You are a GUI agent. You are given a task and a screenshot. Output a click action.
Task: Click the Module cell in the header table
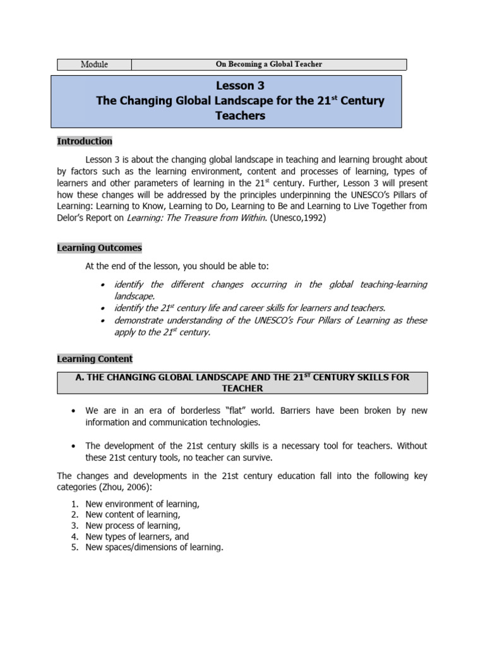pos(94,64)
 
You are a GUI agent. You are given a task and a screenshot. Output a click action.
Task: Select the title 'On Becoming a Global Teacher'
pos(269,64)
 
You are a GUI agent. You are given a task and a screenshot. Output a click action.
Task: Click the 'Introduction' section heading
pos(85,141)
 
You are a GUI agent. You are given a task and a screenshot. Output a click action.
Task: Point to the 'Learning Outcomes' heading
pos(99,248)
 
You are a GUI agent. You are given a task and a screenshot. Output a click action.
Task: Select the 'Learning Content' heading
pos(95,359)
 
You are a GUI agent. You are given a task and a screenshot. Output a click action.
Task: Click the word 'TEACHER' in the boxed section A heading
pos(242,388)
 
